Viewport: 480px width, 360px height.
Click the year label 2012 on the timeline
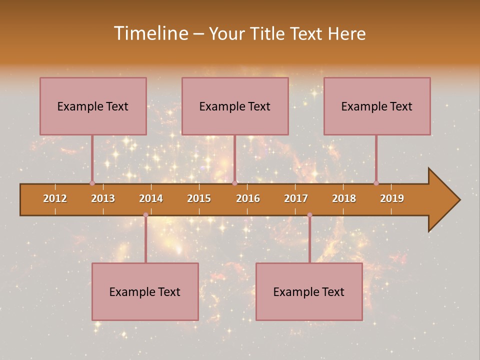coord(55,199)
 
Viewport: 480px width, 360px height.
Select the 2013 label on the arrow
coord(103,199)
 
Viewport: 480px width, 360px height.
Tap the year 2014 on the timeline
coord(151,199)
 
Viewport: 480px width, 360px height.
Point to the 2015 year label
coord(199,199)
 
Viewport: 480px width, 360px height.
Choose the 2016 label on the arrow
coord(248,199)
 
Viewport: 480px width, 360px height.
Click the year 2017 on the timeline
coord(296,199)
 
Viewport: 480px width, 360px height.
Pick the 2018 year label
coord(344,199)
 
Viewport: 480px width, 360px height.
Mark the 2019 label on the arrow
coord(392,199)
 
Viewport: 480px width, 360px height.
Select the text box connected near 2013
coord(93,106)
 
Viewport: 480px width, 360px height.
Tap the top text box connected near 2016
coord(235,106)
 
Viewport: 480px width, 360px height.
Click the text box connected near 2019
coord(377,106)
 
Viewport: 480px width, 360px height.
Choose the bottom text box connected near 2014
coord(145,291)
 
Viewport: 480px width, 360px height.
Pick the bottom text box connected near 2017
coord(309,291)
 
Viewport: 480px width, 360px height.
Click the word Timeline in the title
coord(150,33)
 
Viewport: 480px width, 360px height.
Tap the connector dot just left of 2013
coord(92,183)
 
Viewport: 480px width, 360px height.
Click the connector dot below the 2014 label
coord(145,215)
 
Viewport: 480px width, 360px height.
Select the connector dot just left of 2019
coord(376,183)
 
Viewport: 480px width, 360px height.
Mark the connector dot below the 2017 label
coord(309,215)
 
